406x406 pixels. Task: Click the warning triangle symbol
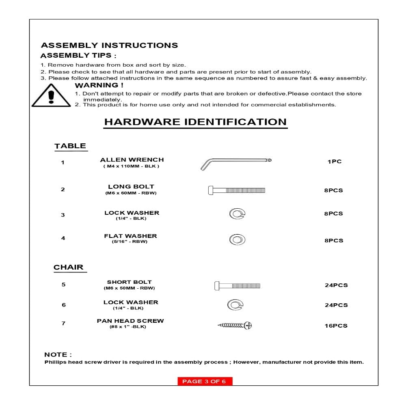[51, 96]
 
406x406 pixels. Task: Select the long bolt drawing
[236, 190]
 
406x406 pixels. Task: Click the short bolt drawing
[238, 285]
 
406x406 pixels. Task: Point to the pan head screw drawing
[236, 325]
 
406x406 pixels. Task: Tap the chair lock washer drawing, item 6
[235, 304]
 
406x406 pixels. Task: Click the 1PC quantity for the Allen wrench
[335, 162]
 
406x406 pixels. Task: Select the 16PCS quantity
[336, 326]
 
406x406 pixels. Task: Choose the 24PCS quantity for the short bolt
[336, 285]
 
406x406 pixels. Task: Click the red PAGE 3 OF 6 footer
[205, 381]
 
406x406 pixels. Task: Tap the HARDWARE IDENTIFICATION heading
[195, 122]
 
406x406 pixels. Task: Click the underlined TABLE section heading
[70, 146]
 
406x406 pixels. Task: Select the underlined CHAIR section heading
[69, 268]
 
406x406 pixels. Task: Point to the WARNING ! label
[99, 85]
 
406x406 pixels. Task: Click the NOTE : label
[58, 355]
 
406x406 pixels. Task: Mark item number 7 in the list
[63, 324]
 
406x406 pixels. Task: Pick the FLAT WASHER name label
[130, 236]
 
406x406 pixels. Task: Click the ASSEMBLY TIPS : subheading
[79, 56]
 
